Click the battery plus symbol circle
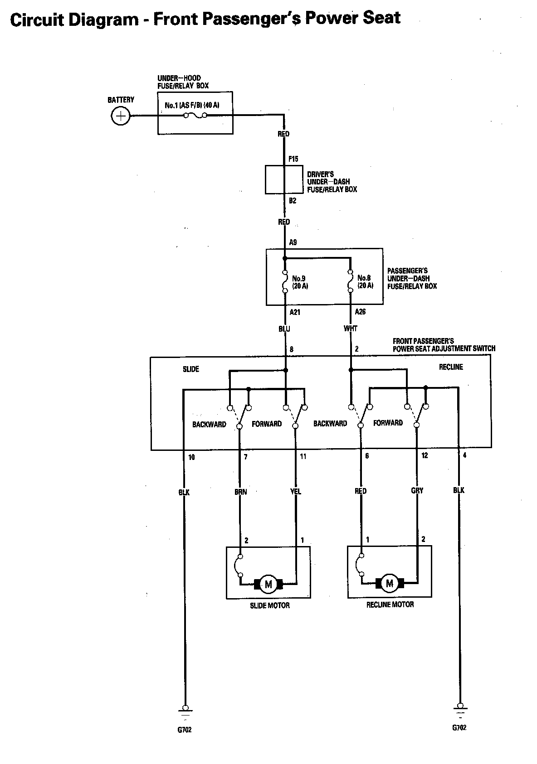(x=121, y=116)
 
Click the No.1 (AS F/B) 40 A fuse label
(x=192, y=106)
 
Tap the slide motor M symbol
(x=268, y=584)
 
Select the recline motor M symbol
(x=389, y=583)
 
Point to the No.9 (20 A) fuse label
(x=300, y=282)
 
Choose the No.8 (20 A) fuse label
(x=365, y=281)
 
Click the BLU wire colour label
(x=284, y=329)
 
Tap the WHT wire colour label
(x=350, y=329)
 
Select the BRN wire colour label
(x=241, y=492)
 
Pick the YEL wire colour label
(x=296, y=491)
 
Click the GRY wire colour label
(x=417, y=491)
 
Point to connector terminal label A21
(x=295, y=312)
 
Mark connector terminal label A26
(x=360, y=312)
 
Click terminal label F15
(x=293, y=159)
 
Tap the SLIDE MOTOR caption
(x=270, y=605)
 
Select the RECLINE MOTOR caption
(x=390, y=604)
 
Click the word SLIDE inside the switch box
(x=191, y=369)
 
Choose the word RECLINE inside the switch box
(x=451, y=367)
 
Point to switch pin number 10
(x=191, y=457)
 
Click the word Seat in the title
(x=380, y=18)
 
